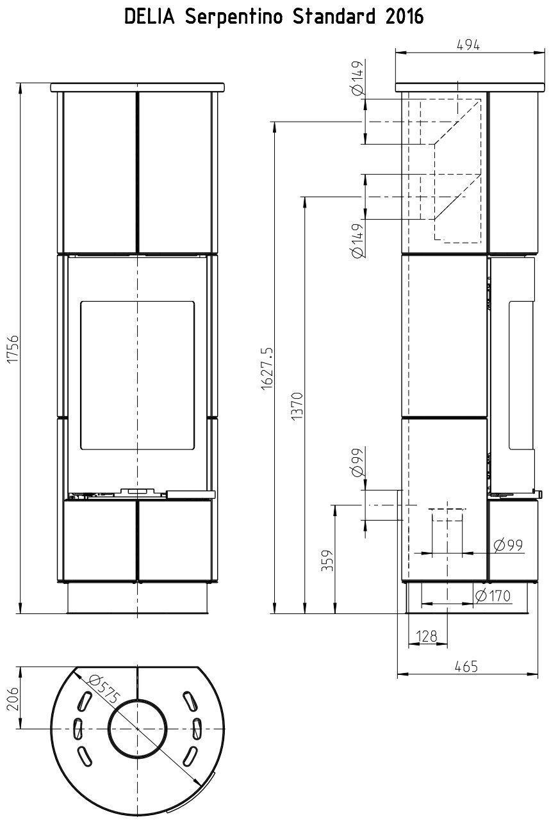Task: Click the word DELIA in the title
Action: (149, 17)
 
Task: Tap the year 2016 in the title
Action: (404, 17)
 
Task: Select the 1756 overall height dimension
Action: (13, 349)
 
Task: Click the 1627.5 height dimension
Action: (267, 368)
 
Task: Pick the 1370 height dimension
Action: (297, 405)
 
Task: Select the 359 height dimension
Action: (327, 560)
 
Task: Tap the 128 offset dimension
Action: (427, 636)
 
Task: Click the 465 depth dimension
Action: (466, 667)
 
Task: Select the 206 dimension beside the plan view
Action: (13, 698)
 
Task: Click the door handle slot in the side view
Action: (509, 375)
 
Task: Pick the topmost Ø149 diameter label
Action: (358, 78)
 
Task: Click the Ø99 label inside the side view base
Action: (509, 545)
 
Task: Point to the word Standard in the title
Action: (334, 17)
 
